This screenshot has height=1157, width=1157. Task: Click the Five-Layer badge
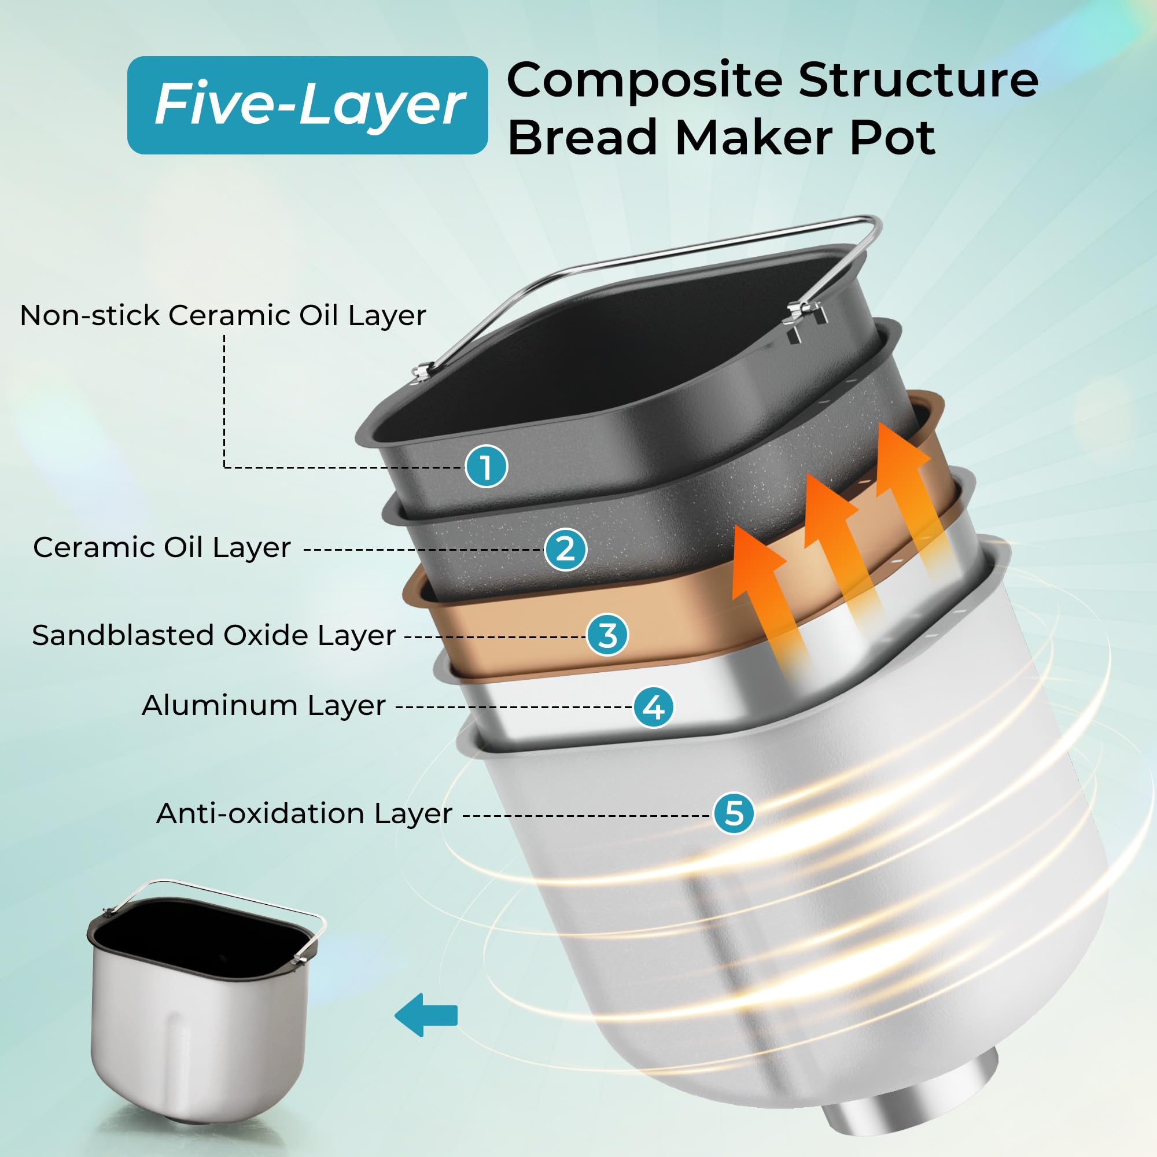[x=307, y=105]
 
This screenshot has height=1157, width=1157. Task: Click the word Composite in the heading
[x=645, y=80]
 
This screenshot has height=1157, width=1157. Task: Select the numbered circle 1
[x=486, y=466]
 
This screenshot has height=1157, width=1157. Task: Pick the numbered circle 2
[x=565, y=549]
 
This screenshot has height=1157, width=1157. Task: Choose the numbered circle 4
[x=653, y=707]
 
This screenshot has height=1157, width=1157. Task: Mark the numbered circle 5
[x=734, y=813]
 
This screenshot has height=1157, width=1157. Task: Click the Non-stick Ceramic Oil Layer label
[x=223, y=315]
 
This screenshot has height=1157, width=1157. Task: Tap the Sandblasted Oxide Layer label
[x=214, y=635]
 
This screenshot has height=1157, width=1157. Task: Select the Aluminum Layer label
[x=263, y=705]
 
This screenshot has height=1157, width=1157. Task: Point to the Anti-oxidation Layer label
[x=304, y=813]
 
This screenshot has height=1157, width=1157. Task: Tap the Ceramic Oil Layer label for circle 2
[x=163, y=547]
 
